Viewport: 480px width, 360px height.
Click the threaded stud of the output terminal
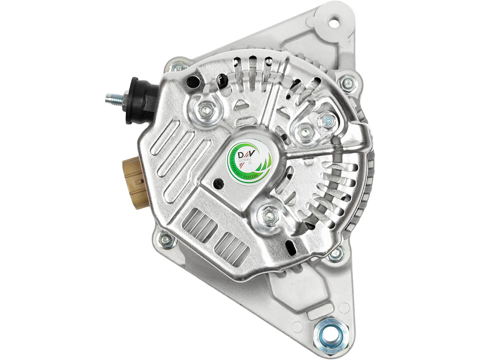click(x=113, y=99)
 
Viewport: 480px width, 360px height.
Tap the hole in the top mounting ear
click(x=332, y=20)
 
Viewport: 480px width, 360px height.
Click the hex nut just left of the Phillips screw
click(x=304, y=132)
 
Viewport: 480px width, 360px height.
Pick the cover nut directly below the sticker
click(x=270, y=216)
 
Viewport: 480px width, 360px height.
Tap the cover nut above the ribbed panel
click(x=206, y=109)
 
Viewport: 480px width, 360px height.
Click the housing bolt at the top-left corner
click(x=178, y=67)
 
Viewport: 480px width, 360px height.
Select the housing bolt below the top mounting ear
click(x=348, y=83)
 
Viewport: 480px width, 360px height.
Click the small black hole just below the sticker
click(x=218, y=183)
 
